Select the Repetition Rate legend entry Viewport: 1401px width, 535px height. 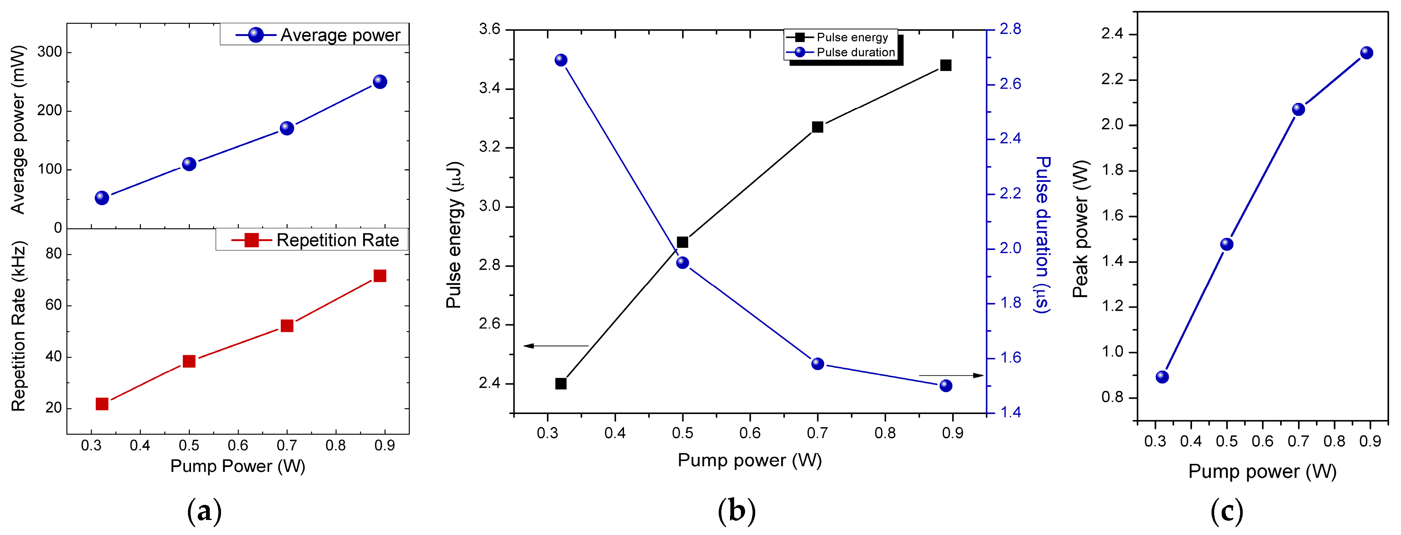pos(315,240)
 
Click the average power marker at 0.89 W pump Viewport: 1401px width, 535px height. pos(380,82)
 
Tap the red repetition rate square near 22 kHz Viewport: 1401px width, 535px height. pos(102,404)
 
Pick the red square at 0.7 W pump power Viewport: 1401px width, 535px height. pos(286,326)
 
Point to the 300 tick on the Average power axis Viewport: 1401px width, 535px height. pos(50,52)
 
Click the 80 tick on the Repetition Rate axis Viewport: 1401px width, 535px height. pos(53,254)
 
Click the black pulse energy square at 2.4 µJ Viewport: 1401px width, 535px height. pos(561,383)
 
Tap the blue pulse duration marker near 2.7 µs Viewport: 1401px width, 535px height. pos(561,60)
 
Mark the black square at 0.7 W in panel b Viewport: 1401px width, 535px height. pos(817,127)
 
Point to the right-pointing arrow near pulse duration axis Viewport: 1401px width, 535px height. pos(951,375)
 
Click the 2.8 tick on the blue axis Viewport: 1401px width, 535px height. pos(1010,29)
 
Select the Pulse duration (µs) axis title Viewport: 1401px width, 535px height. pos(1042,234)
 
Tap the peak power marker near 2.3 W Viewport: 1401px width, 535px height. pos(1366,53)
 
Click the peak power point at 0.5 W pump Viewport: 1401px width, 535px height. pos(1227,244)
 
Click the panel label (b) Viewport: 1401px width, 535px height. pos(736,511)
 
